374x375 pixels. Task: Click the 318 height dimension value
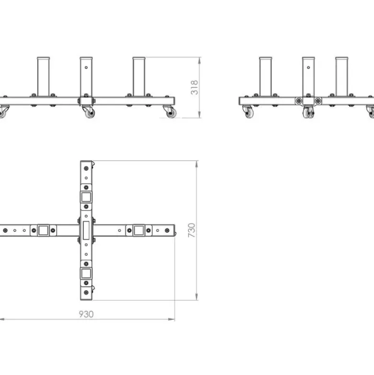click(x=194, y=87)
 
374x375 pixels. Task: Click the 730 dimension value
click(x=192, y=230)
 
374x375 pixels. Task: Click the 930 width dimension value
click(x=86, y=314)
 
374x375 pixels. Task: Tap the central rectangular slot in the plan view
click(x=86, y=230)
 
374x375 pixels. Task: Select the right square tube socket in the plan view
click(x=139, y=230)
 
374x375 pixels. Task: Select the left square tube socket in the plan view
click(x=43, y=230)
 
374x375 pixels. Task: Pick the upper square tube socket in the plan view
click(x=86, y=197)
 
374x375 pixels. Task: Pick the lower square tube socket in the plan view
click(x=86, y=273)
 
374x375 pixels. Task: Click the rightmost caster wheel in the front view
click(x=171, y=112)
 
